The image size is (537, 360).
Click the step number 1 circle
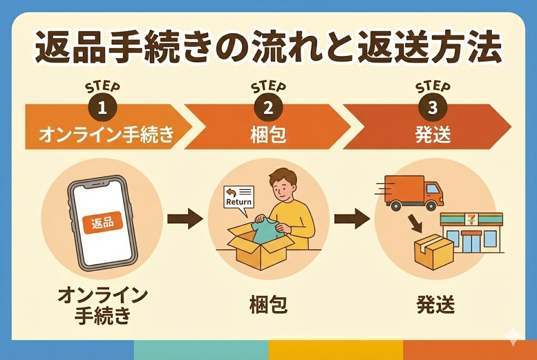(102, 108)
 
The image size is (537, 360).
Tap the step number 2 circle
(268, 108)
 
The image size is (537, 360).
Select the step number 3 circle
(433, 108)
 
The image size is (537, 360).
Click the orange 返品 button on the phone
(103, 223)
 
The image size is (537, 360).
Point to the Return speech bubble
(239, 199)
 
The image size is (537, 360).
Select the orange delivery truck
(414, 192)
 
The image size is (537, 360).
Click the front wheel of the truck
(431, 205)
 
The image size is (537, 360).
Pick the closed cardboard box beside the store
(434, 252)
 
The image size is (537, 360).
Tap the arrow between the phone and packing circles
(185, 219)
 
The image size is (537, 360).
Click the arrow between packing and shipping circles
(352, 219)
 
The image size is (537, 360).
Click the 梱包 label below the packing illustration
(268, 304)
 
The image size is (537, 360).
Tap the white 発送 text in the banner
(433, 135)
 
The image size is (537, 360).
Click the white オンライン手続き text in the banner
(107, 135)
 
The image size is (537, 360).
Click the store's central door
(471, 242)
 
